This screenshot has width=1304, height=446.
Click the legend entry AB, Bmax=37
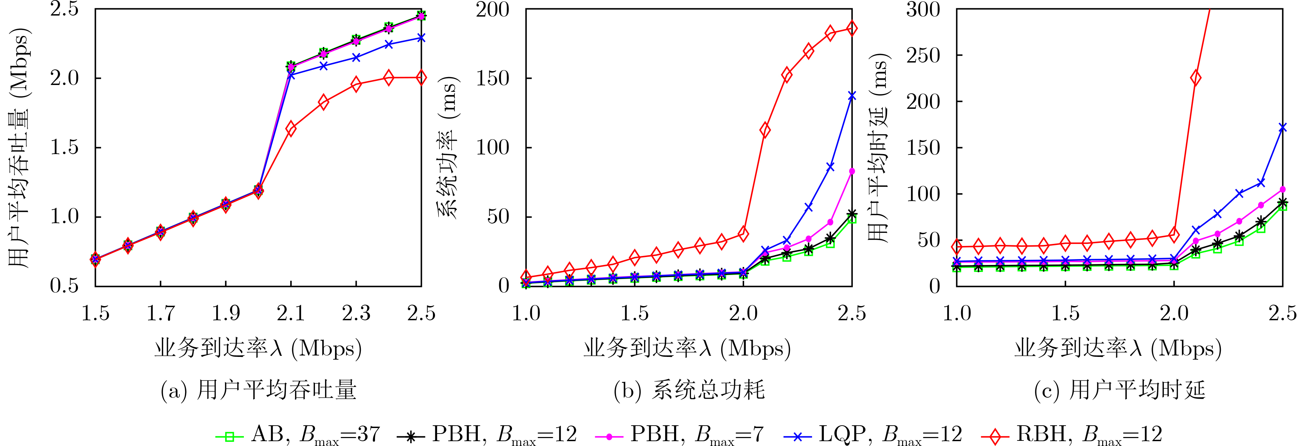point(299,434)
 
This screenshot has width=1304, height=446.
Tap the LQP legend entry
point(873,434)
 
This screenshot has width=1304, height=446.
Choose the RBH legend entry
point(1071,434)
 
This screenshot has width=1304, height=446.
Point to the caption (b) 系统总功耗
point(689,390)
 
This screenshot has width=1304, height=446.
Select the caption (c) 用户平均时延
point(1119,390)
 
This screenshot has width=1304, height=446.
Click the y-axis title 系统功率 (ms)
point(448,147)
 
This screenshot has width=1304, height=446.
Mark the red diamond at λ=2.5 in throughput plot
point(421,77)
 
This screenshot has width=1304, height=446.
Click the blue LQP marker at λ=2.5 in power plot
point(852,96)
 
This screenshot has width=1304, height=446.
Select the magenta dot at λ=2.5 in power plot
point(852,171)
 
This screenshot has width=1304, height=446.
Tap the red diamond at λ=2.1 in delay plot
point(1196,78)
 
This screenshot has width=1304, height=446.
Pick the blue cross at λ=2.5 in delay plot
point(1282,127)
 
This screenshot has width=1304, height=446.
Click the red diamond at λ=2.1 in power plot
point(765,130)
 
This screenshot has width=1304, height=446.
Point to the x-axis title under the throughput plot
point(258,349)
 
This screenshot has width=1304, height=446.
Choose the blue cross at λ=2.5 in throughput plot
point(421,38)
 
